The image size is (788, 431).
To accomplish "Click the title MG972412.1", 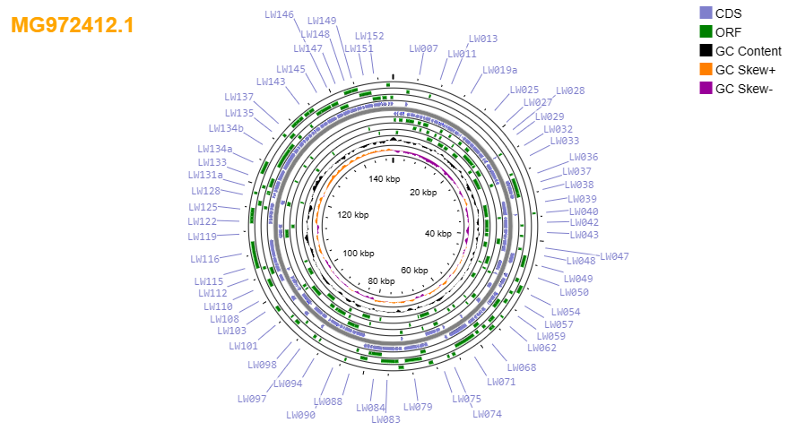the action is click(73, 25).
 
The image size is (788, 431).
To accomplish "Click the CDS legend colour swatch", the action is click(706, 13).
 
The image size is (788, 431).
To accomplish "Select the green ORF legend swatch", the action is click(706, 31).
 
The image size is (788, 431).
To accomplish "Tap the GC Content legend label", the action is click(749, 51).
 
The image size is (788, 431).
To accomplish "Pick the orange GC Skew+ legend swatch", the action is click(706, 69).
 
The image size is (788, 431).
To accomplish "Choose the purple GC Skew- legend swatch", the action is click(706, 89).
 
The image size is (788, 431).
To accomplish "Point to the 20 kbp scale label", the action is click(423, 193).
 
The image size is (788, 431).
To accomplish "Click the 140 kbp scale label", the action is click(385, 179).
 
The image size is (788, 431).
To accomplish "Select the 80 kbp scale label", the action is click(381, 280).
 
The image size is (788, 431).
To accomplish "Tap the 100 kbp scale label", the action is click(359, 254).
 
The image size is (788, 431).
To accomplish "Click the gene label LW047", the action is click(615, 256).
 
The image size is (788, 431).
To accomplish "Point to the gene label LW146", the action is click(280, 14).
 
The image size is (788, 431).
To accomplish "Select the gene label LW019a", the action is click(500, 70).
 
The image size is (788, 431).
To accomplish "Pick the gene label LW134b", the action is click(226, 128).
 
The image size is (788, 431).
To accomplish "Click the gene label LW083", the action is click(386, 419).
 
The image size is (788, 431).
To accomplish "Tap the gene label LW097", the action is click(252, 399).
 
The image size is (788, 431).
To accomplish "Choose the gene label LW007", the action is click(424, 48).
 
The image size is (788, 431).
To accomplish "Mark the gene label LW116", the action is click(205, 259).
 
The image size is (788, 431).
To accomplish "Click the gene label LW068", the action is click(522, 367).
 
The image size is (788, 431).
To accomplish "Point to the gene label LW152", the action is click(369, 36).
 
